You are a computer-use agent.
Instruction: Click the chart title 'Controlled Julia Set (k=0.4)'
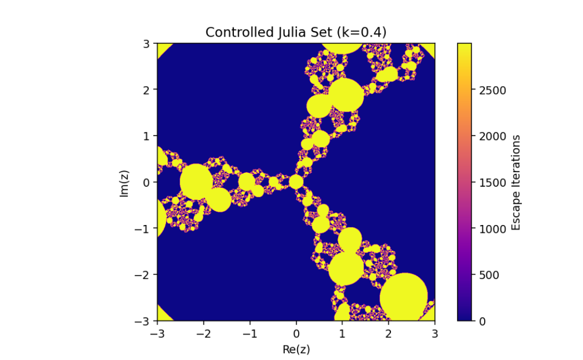[x=296, y=33]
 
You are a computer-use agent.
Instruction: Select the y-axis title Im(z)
[x=124, y=182]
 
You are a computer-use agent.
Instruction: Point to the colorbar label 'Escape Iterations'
[x=516, y=182]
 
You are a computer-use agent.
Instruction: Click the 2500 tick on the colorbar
[x=493, y=90]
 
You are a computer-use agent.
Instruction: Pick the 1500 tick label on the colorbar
[x=493, y=182]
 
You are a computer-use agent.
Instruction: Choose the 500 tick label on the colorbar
[x=489, y=275]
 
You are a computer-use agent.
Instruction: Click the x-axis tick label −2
[x=203, y=333]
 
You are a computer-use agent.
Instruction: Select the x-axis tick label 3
[x=435, y=333]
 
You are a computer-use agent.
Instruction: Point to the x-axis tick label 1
[x=342, y=333]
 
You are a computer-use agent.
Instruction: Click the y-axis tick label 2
[x=147, y=89]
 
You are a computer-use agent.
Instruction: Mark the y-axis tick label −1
[x=144, y=228]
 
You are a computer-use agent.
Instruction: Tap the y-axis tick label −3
[x=144, y=321]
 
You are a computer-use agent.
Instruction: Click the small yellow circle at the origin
[x=296, y=182]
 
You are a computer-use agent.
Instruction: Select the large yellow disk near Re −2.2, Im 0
[x=196, y=181]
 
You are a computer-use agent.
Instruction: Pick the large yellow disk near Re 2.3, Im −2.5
[x=404, y=297]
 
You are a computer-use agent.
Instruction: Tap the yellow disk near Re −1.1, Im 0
[x=247, y=182]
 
